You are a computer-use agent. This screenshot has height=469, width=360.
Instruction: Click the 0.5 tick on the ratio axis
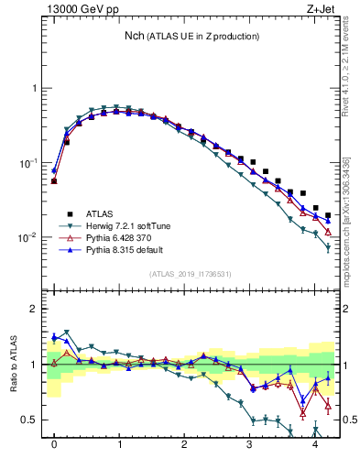click(32, 420)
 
